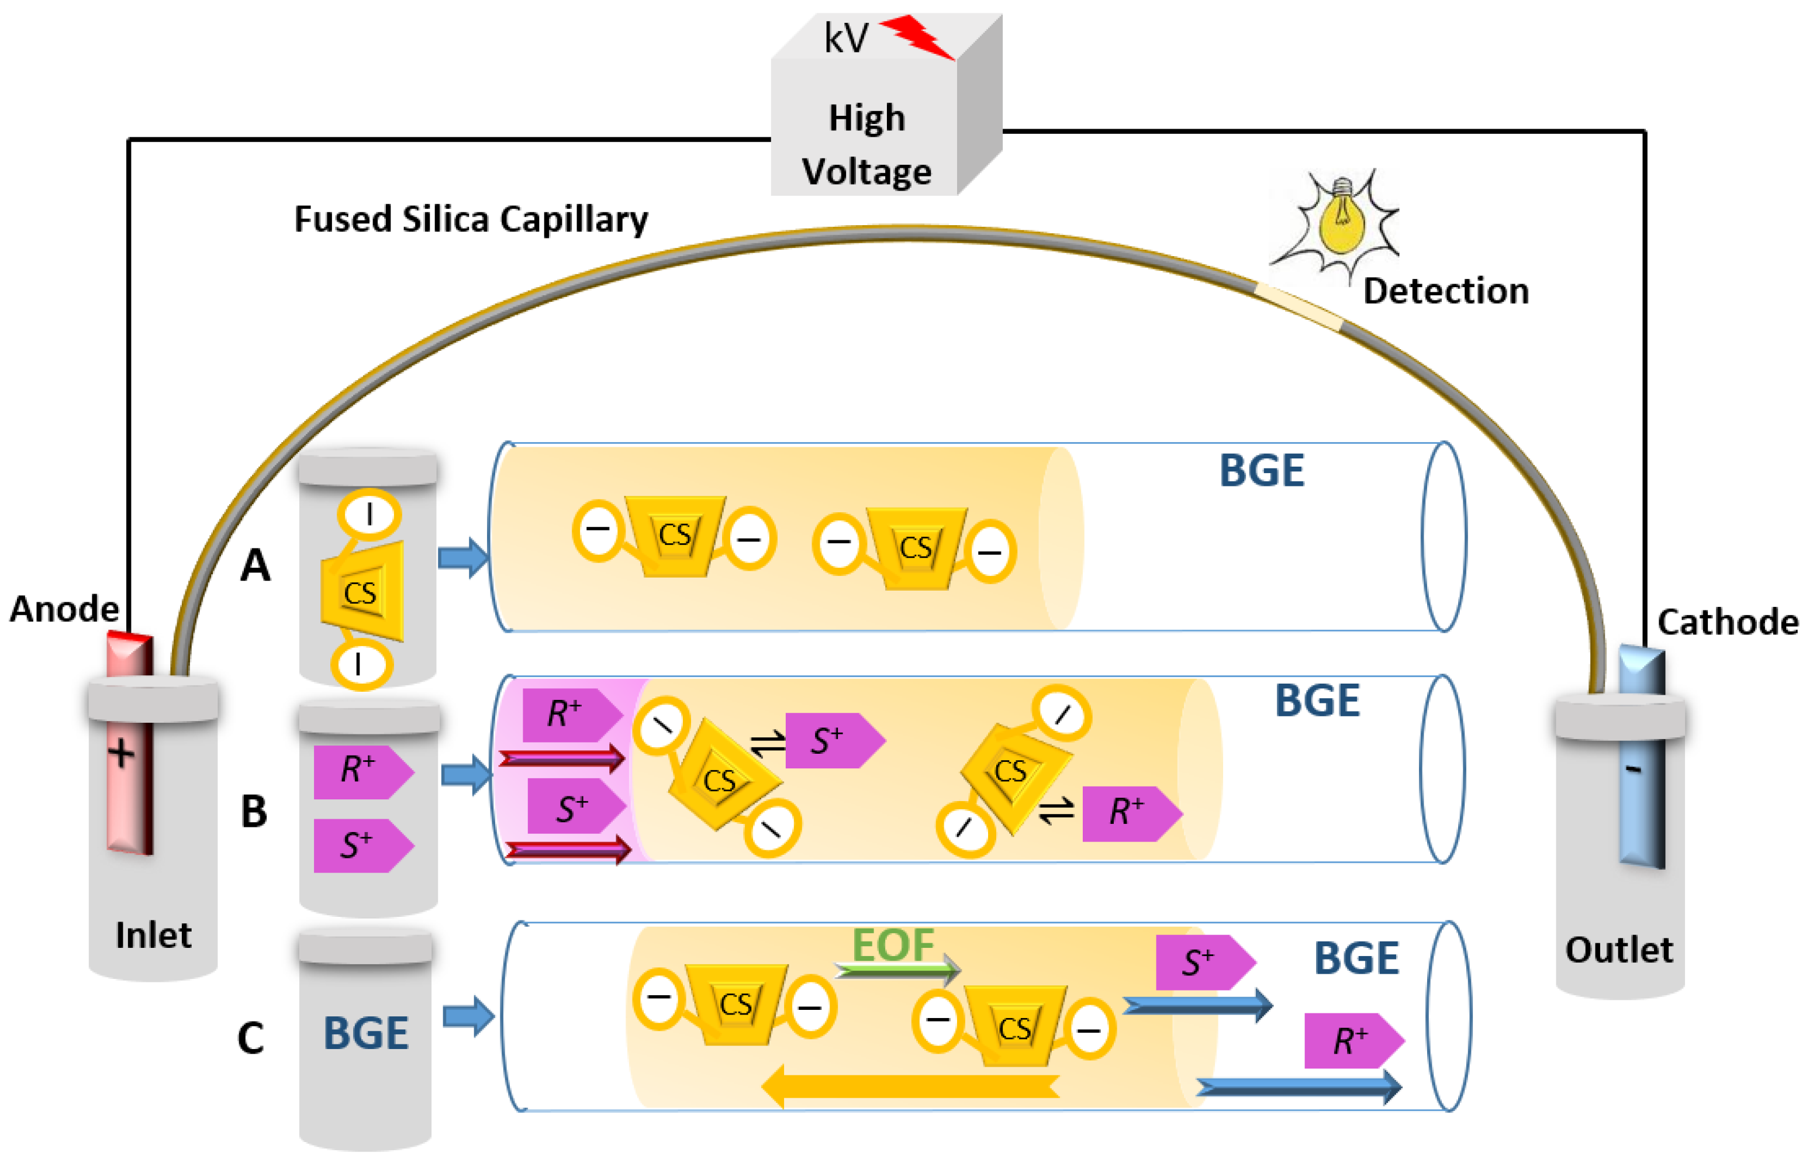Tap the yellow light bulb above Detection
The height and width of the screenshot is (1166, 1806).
1341,218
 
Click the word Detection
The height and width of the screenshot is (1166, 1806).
1446,291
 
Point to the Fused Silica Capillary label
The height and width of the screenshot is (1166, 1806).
471,219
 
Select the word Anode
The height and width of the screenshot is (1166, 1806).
64,609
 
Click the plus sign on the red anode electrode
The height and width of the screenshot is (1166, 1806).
121,753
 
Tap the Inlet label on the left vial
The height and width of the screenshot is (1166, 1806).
154,935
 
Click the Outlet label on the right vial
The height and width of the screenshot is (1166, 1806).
1619,950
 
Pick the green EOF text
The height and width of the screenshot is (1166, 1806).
893,944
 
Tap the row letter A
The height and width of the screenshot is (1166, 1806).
255,565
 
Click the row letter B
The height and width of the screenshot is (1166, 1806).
254,811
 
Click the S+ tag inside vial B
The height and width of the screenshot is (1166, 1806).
363,846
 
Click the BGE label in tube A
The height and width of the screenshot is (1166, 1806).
1261,470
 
